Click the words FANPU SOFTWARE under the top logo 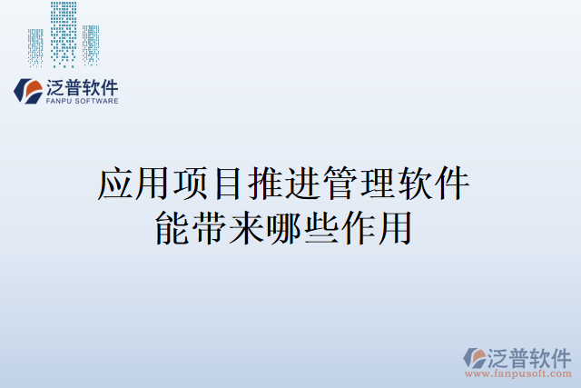[82, 102]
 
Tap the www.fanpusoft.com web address [519, 373]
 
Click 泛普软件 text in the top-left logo [81, 87]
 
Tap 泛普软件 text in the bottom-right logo [530, 355]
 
